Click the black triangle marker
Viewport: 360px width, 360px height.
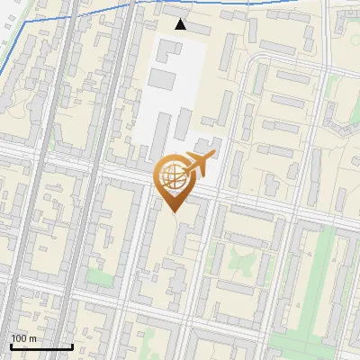tap(181, 24)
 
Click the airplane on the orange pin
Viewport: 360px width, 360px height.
tap(200, 163)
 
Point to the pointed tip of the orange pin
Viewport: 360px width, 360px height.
tap(174, 211)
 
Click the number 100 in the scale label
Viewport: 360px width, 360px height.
tap(18, 338)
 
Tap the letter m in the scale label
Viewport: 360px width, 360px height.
tap(32, 338)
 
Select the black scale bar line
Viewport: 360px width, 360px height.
tap(41, 346)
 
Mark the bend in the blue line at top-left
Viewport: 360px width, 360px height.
tap(27, 20)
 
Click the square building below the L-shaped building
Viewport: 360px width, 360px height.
tap(162, 78)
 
